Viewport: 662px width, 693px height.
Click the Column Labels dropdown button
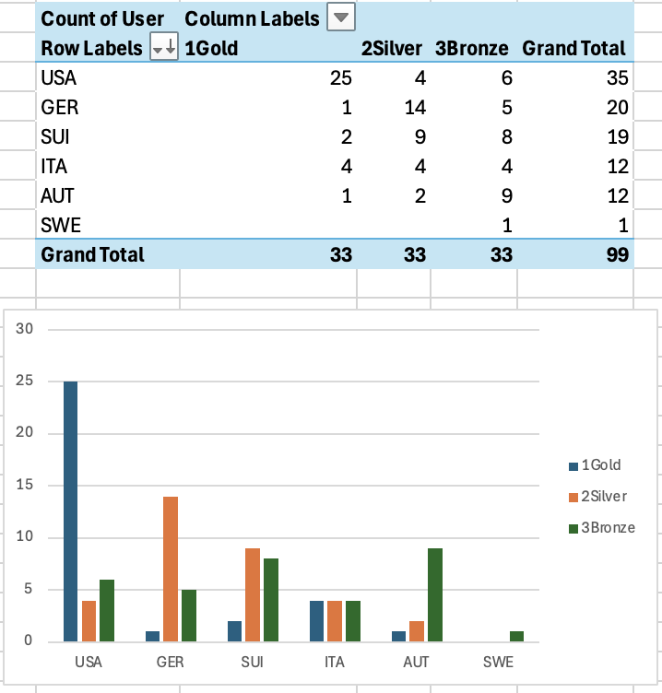click(x=341, y=18)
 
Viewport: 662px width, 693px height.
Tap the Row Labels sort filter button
click(x=163, y=48)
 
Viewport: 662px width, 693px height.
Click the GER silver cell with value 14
click(x=413, y=108)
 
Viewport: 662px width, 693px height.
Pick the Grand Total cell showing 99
click(x=617, y=254)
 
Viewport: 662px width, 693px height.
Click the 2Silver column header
click(x=393, y=48)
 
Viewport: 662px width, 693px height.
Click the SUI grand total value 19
click(x=617, y=137)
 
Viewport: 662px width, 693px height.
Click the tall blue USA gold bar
click(x=71, y=511)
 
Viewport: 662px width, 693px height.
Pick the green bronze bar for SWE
click(x=516, y=636)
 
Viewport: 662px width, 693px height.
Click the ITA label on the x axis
click(x=336, y=662)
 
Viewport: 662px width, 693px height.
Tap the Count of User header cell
click(x=102, y=18)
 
